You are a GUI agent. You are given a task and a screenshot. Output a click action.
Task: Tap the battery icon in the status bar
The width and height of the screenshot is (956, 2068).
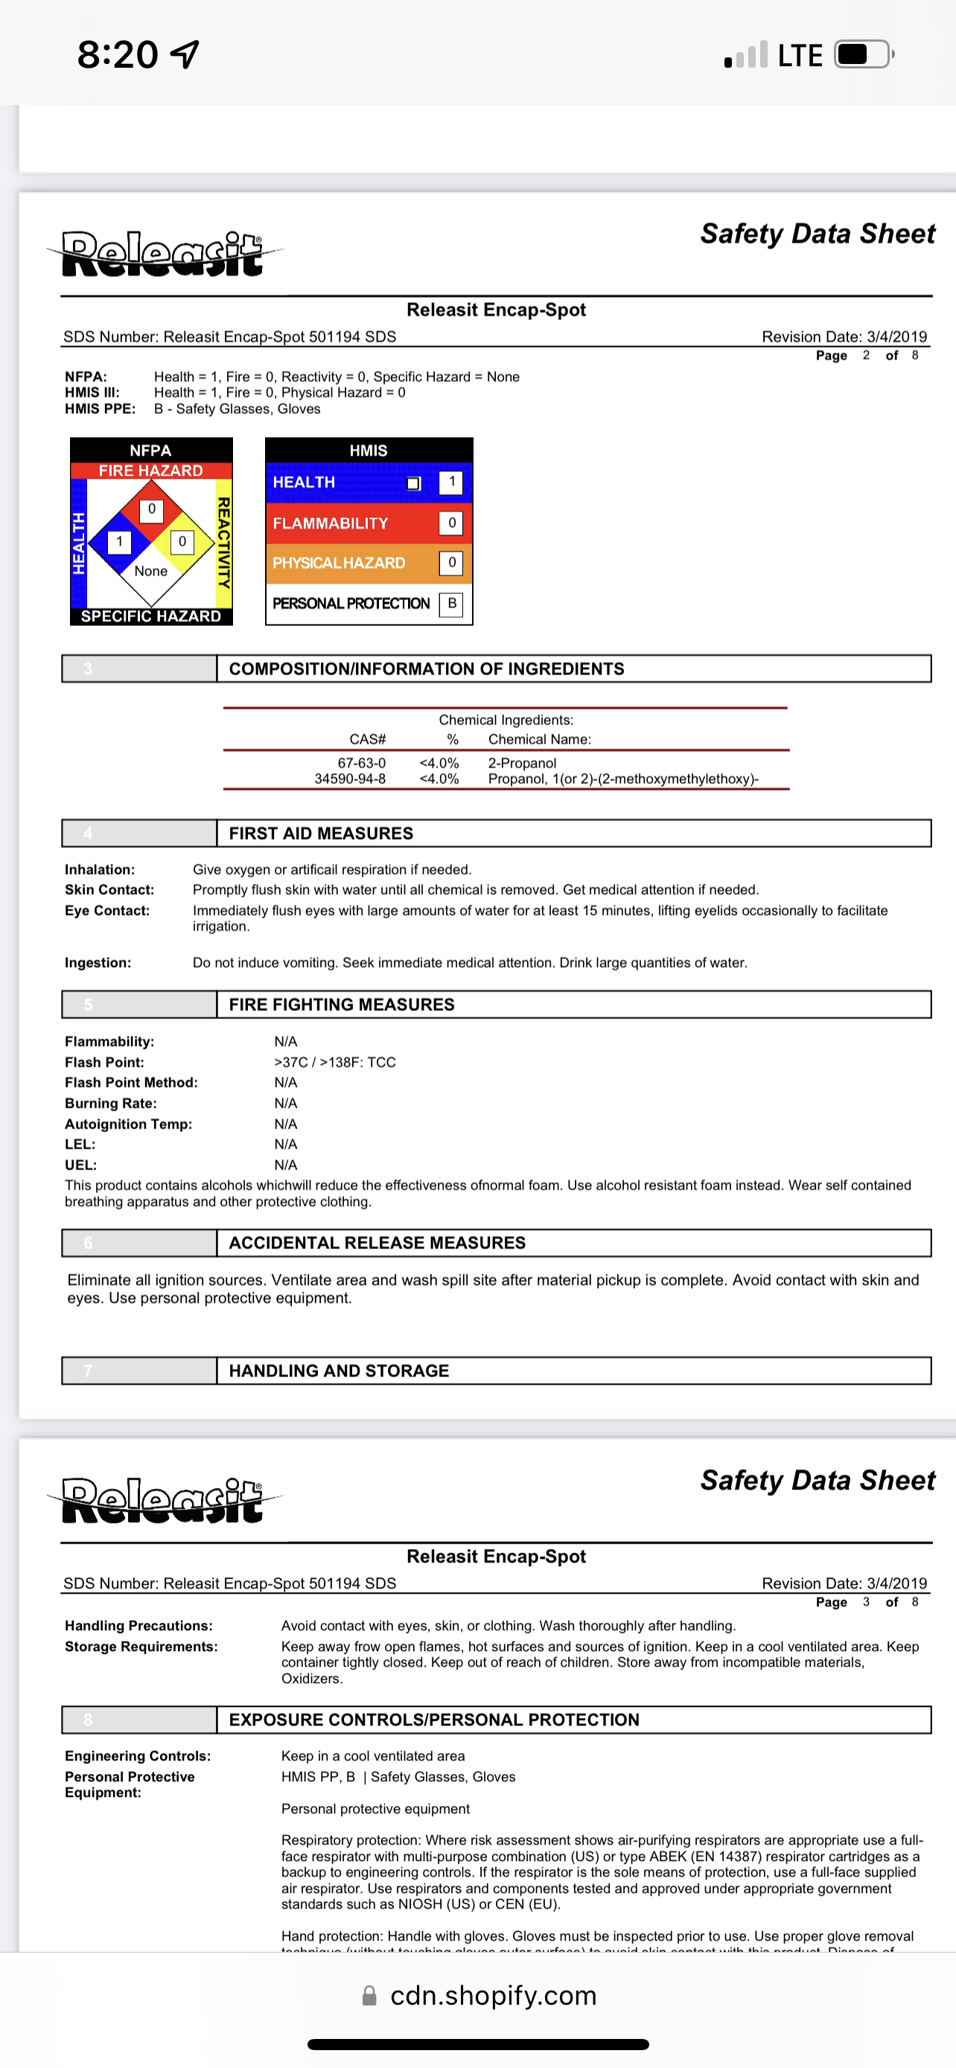click(x=863, y=54)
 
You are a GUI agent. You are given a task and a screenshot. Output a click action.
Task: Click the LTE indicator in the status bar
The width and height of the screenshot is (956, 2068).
click(x=800, y=55)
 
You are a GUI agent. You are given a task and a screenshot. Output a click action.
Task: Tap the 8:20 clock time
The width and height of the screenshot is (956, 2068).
click(x=117, y=54)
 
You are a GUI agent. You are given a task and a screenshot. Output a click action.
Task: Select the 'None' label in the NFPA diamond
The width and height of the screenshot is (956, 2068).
click(x=151, y=572)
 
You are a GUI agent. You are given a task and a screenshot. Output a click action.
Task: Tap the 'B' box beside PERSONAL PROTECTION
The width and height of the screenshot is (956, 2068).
click(x=452, y=604)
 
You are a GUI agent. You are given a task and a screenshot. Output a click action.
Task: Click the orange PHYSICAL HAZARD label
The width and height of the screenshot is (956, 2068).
click(x=339, y=564)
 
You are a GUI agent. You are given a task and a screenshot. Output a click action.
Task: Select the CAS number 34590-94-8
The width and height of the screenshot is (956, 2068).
click(x=350, y=779)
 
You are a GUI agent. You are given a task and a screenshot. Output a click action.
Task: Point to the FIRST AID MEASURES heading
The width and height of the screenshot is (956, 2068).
click(x=321, y=834)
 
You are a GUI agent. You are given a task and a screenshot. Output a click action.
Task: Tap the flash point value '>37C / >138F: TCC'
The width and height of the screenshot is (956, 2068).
click(x=335, y=1063)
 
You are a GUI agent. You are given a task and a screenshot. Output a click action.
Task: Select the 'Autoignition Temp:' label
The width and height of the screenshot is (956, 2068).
click(x=128, y=1125)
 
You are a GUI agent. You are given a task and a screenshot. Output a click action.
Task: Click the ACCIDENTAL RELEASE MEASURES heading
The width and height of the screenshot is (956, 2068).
click(x=377, y=1243)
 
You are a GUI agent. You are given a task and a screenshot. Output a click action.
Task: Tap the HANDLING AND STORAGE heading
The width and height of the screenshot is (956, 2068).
click(x=339, y=1371)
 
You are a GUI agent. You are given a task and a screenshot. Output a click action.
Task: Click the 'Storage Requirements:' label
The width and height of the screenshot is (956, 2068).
click(x=141, y=1647)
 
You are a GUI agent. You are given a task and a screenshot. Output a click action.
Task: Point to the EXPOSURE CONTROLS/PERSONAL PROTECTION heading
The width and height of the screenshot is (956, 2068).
click(x=434, y=1720)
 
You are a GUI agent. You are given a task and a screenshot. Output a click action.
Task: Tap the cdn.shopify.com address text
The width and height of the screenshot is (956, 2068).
click(x=493, y=1996)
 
